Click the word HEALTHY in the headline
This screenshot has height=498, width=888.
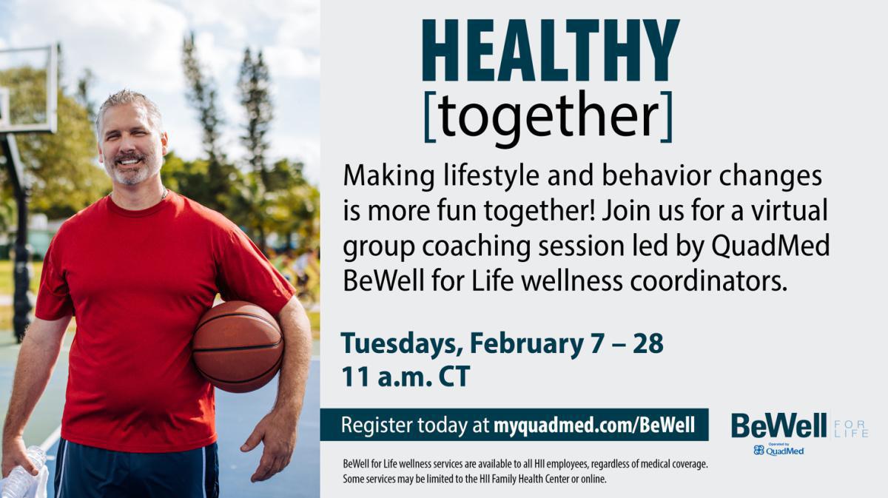550,50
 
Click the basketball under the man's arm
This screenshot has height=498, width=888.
238,346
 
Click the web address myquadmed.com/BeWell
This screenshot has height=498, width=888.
594,425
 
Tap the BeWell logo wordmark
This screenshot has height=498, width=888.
778,425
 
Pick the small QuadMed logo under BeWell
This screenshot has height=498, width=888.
778,450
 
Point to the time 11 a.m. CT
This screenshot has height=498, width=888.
405,376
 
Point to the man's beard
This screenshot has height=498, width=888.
132,172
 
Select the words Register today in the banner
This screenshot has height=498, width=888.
402,425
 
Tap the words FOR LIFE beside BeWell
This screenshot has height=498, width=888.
850,428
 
